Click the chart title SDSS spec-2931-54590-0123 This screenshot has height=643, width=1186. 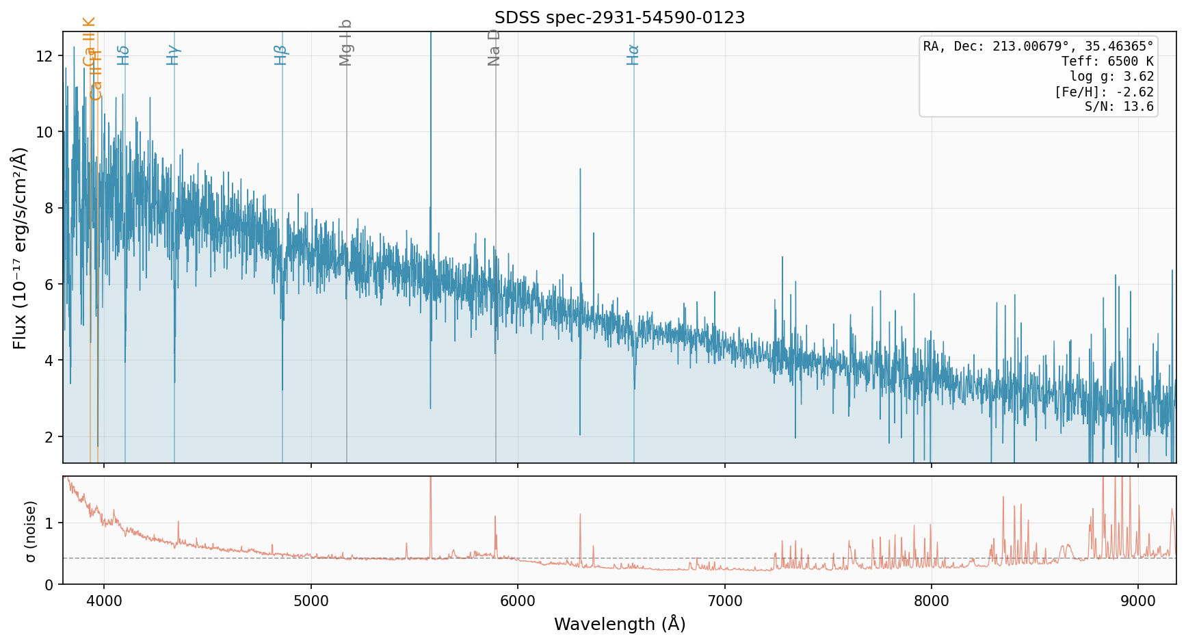coord(620,18)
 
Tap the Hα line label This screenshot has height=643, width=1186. coord(633,55)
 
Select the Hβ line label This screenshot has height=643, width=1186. coord(280,55)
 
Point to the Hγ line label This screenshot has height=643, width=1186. coord(173,55)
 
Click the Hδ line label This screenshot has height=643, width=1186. coord(123,55)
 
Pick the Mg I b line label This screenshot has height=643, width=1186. coord(345,42)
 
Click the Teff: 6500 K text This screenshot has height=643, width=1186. coord(1107,62)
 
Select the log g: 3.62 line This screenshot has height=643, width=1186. coord(1111,77)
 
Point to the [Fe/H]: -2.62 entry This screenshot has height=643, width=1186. coord(1104,92)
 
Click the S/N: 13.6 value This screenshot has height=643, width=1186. coord(1119,107)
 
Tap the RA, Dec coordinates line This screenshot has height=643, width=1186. coord(1038,47)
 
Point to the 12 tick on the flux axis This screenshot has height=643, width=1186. coord(45,56)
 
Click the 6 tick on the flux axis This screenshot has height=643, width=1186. coord(48,285)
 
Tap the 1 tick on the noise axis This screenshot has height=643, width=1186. coord(49,523)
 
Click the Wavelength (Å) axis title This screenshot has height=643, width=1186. coord(620,624)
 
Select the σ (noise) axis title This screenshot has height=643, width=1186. coord(31,532)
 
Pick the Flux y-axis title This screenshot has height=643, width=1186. coord(21,248)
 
